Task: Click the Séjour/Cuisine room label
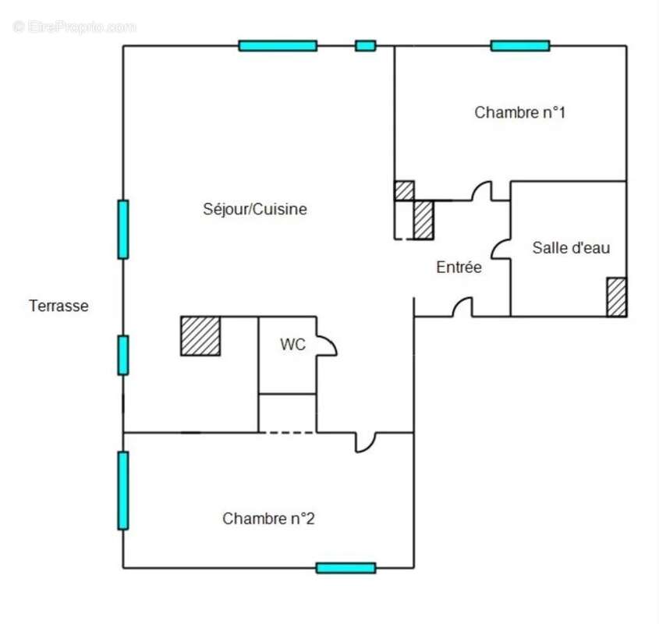tap(255, 209)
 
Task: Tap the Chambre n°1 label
tap(520, 112)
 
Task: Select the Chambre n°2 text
tap(268, 519)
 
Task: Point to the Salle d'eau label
tap(571, 248)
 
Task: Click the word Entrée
tap(459, 267)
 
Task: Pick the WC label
tap(293, 345)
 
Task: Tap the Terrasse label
tap(58, 306)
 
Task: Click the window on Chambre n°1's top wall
tap(520, 46)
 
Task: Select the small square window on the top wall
tap(366, 46)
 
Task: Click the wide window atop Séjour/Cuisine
tap(278, 46)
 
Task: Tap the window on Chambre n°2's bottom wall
tap(346, 568)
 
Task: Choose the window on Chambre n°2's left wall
tap(123, 491)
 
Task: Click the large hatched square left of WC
tap(200, 336)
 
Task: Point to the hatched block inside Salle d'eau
tap(617, 297)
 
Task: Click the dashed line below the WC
tap(287, 432)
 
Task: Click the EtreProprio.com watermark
tap(74, 27)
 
